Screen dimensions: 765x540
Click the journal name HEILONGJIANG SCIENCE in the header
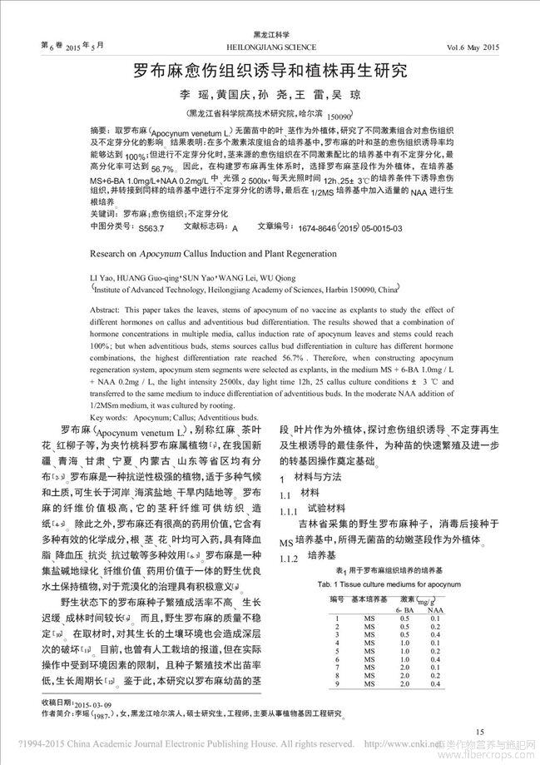[271, 47]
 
